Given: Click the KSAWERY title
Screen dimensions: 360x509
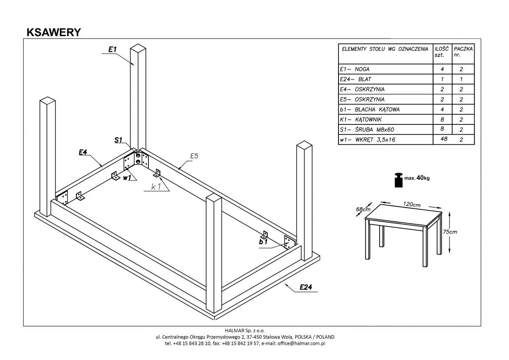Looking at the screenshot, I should coord(53,33).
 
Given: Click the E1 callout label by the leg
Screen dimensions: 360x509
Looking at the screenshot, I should coord(112,50).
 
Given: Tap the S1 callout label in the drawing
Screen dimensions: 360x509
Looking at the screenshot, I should coord(118,140).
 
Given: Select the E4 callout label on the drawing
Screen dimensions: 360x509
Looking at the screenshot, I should coord(83,152).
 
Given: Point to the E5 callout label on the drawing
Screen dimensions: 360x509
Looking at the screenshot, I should coord(194,156).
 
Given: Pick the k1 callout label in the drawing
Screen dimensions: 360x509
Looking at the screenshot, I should coord(156,186).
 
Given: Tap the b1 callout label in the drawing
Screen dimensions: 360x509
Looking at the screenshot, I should coord(263,242).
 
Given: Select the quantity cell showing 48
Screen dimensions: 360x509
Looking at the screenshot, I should coord(444,139).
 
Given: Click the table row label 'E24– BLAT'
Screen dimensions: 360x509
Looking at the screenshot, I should coord(356,79).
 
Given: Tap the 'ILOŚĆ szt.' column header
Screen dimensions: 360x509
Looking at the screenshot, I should coord(442,52).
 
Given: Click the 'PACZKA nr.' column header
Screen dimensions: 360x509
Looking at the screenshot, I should coord(463,52).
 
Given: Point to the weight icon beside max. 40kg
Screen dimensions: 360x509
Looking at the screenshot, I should coord(399,180).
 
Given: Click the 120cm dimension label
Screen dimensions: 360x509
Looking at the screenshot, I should coord(411,205).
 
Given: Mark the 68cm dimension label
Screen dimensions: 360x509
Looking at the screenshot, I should coord(364,209).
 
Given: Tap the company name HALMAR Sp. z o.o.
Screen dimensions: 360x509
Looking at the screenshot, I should coord(245,330).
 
